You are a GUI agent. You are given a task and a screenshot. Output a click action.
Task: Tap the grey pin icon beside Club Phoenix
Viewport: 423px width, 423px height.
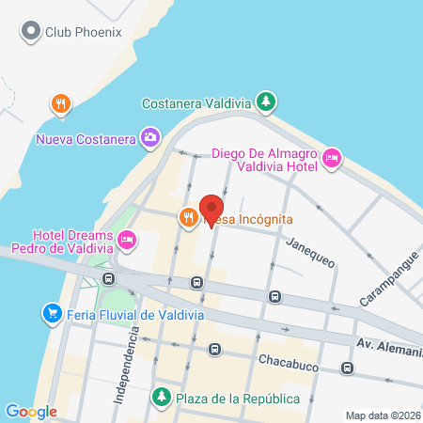(32, 32)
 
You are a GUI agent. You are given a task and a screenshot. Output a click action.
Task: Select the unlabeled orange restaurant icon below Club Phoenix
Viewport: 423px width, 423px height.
(61, 103)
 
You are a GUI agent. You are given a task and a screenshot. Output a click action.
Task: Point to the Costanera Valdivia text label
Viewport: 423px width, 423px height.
(198, 103)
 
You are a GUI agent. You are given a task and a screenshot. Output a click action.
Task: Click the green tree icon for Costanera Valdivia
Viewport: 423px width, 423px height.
(268, 101)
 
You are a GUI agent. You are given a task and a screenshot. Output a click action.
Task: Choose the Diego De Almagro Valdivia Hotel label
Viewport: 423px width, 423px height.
(266, 160)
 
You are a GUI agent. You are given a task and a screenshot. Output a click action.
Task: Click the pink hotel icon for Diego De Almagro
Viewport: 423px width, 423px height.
(331, 159)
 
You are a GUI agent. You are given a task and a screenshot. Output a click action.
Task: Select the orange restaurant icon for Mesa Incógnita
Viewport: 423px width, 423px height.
(188, 218)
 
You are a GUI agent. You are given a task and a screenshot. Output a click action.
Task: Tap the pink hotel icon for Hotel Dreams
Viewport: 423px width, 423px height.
(126, 242)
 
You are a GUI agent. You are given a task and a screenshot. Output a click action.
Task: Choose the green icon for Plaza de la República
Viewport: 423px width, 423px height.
(164, 397)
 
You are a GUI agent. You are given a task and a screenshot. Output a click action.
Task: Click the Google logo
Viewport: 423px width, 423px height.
(30, 412)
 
